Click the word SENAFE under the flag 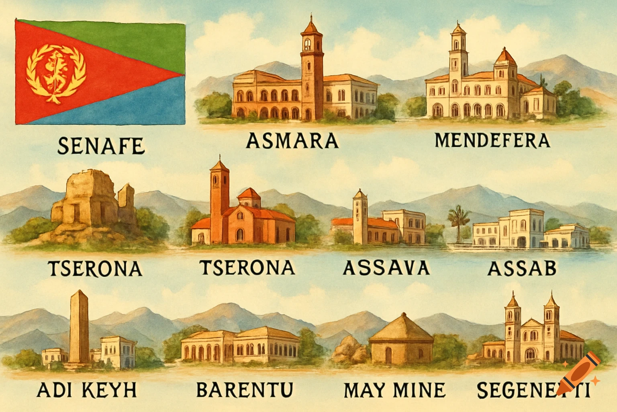click(100, 146)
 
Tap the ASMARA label click(292, 141)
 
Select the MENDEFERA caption click(492, 140)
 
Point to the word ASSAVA click(386, 268)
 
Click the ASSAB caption click(521, 268)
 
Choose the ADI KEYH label click(86, 390)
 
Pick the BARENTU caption click(245, 389)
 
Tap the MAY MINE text click(394, 390)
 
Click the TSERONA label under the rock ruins click(95, 268)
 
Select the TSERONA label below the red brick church click(247, 268)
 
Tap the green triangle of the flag click(129, 40)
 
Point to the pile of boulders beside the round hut click(348, 349)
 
